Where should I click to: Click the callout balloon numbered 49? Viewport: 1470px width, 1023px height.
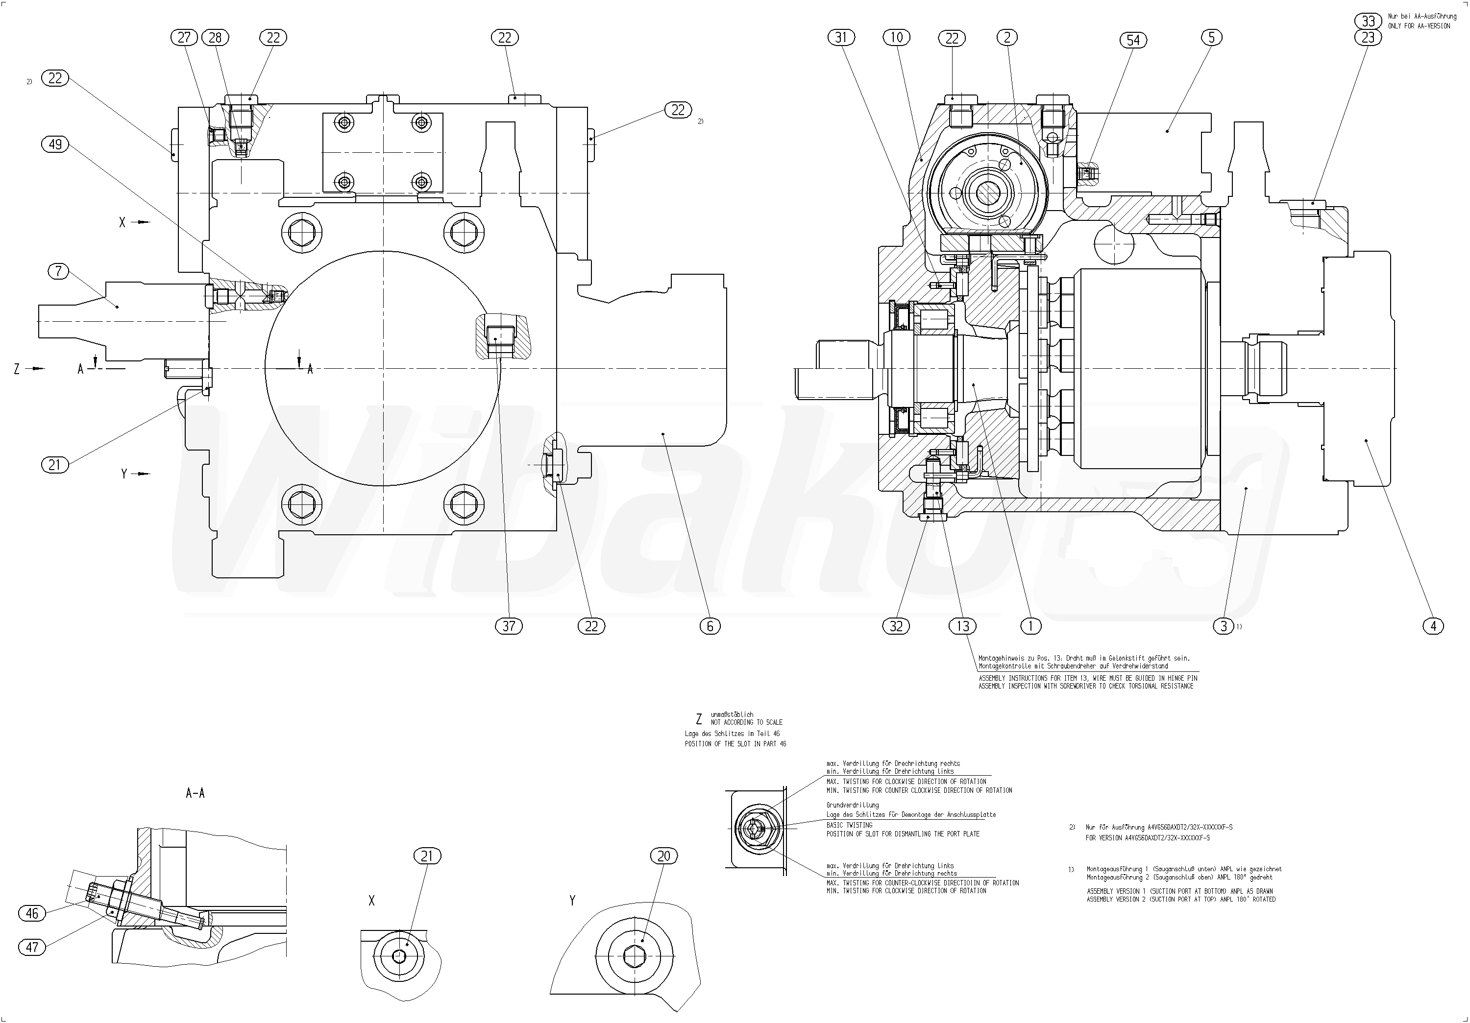56,144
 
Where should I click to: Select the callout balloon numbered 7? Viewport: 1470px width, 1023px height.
59,271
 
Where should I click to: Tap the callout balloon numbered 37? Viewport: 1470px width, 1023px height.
509,626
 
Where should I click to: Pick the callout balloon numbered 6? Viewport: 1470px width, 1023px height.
710,626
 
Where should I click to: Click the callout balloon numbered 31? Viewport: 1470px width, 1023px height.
841,38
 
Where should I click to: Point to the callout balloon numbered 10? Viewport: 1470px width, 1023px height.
897,38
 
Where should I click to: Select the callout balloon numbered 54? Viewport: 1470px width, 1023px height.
1133,40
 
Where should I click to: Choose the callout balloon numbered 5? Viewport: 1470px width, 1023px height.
1211,38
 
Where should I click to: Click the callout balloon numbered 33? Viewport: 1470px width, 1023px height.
1368,21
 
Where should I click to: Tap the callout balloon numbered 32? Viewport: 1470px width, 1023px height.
896,626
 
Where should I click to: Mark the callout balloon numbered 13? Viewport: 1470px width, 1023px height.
963,626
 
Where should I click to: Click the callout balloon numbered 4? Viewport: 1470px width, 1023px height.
1433,626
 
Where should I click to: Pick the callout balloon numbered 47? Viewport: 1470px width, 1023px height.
33,948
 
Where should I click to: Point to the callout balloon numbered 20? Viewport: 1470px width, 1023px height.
664,856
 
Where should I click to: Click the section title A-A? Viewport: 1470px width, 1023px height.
196,793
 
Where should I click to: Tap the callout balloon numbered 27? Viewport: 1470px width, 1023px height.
184,38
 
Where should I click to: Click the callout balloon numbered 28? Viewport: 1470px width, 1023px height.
215,38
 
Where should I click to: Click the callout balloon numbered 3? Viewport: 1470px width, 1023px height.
1224,626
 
